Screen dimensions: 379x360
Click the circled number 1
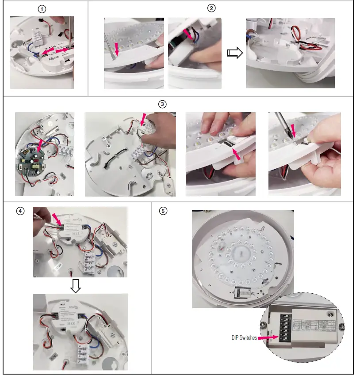pos(42,9)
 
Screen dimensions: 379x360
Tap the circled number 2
pos(211,8)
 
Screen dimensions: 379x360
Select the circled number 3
pos(162,104)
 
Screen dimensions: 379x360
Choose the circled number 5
pos(163,211)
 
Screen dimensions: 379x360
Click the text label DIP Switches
pos(244,337)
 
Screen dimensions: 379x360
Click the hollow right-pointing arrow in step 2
pos(234,53)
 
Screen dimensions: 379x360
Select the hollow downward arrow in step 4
pos(76,287)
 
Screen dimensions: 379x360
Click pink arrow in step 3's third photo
pos(237,154)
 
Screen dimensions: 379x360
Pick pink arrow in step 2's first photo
pos(116,48)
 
